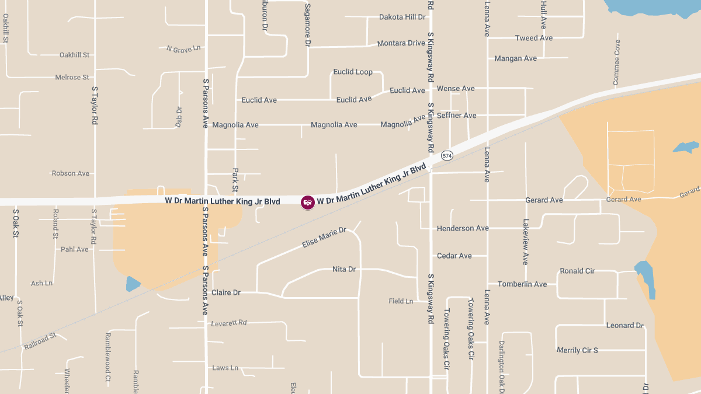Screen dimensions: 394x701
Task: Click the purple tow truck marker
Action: coord(308,203)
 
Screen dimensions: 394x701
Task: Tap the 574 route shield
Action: coord(447,155)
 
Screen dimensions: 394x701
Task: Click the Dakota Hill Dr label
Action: coord(402,17)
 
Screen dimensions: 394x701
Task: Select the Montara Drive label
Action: coord(401,43)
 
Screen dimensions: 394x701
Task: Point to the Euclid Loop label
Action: coord(353,72)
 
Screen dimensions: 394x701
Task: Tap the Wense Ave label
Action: coord(456,89)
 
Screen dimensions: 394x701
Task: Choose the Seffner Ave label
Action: coord(457,115)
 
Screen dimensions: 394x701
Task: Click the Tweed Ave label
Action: coord(534,38)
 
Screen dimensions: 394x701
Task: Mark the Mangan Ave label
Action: coord(515,58)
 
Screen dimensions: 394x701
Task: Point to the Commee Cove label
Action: coord(616,63)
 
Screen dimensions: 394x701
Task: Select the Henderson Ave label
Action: coord(463,228)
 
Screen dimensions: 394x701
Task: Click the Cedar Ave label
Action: coord(454,256)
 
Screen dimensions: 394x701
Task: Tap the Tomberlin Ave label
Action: coord(522,284)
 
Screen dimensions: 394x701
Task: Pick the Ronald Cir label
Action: coord(577,271)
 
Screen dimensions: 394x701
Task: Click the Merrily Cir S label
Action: coord(577,350)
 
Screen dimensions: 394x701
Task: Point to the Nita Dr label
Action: coord(344,269)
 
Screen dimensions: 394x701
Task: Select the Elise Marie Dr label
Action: coord(324,238)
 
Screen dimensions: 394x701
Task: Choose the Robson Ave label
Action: coord(71,173)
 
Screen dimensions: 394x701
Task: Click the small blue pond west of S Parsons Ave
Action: coord(133,284)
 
